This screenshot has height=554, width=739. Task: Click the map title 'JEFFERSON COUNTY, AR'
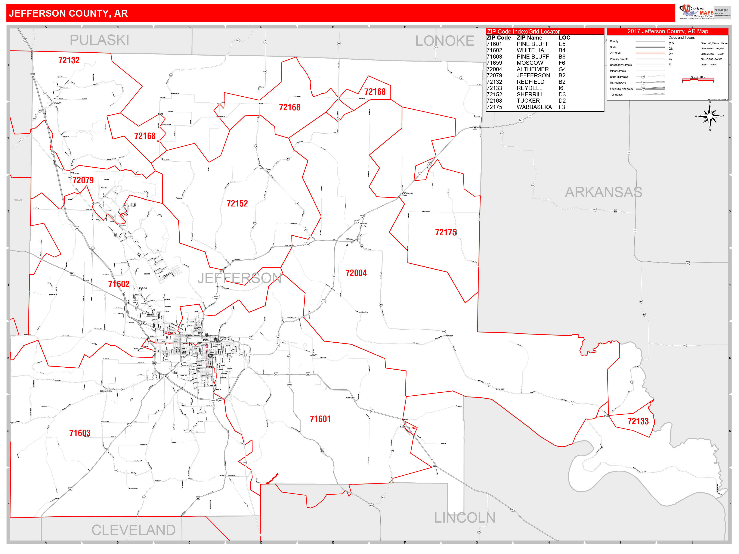click(68, 13)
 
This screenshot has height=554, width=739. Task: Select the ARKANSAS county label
click(603, 192)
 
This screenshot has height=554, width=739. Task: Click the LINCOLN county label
click(464, 518)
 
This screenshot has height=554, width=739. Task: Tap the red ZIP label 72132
click(69, 60)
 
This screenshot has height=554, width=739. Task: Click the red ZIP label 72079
click(83, 180)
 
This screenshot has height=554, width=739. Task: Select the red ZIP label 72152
click(237, 204)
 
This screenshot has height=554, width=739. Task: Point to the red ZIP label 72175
click(445, 232)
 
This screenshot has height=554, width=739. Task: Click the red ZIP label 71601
click(320, 419)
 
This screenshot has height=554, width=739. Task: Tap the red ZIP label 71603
click(80, 433)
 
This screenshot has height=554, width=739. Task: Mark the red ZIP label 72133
click(638, 421)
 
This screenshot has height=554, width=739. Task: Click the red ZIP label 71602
click(119, 284)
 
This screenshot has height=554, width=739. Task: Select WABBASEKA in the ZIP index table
click(534, 107)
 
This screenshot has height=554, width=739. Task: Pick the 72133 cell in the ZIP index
click(494, 88)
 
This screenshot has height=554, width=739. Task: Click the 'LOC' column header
click(564, 38)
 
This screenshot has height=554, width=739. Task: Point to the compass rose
click(710, 116)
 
